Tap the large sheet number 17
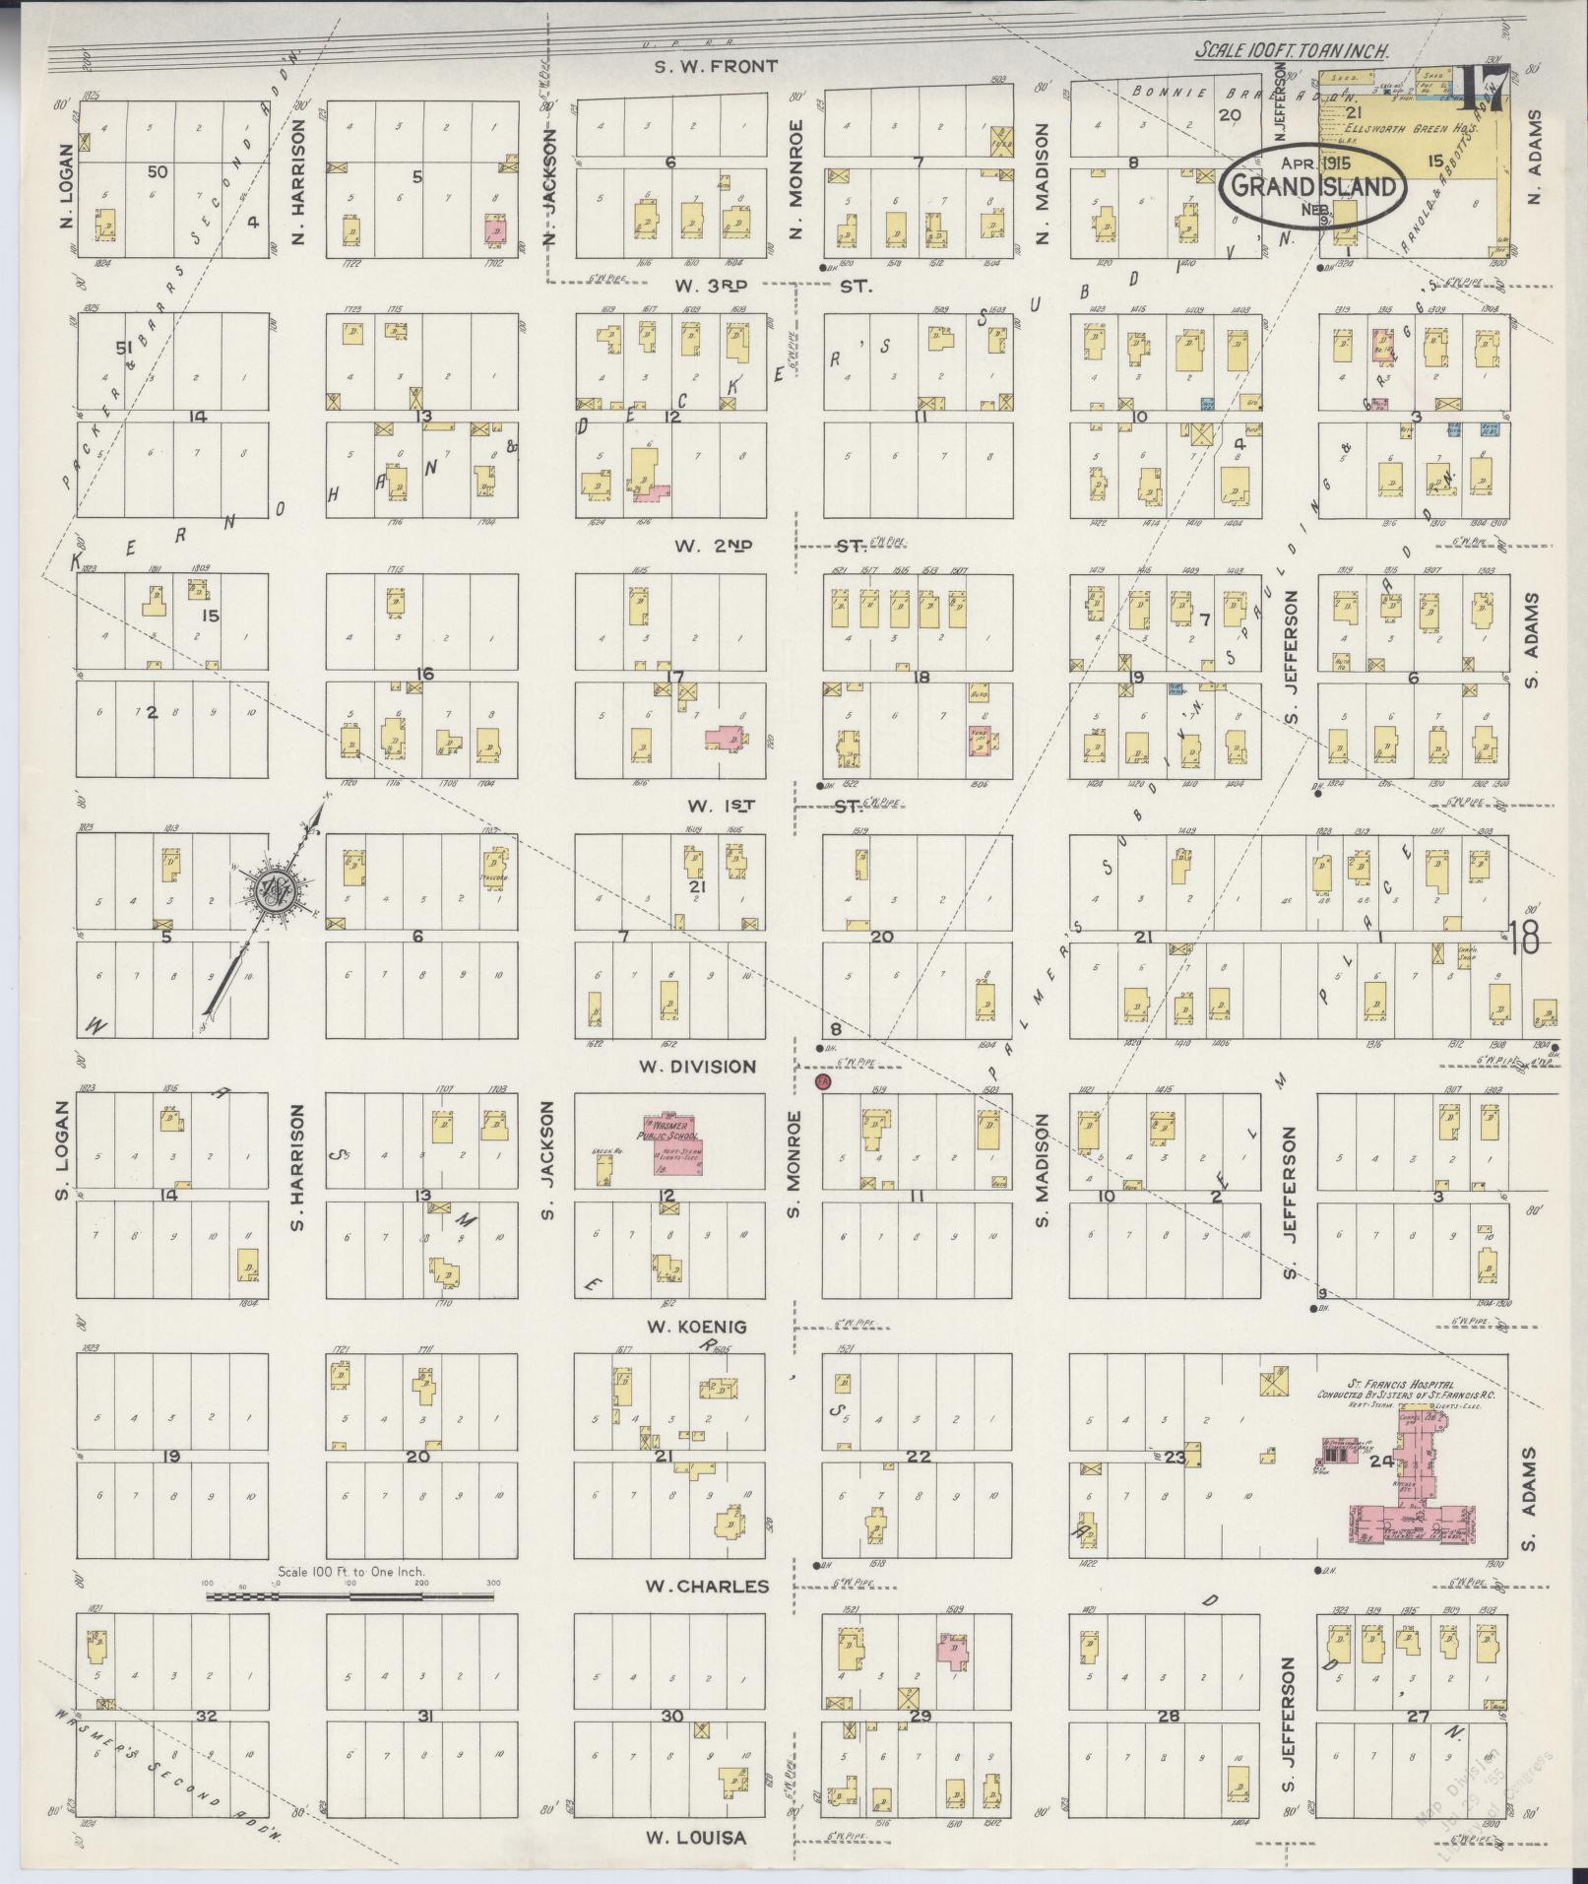(1483, 90)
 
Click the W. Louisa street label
(695, 1837)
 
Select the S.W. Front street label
(717, 67)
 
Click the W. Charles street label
(706, 1587)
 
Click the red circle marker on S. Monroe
(824, 1082)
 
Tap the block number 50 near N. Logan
(157, 171)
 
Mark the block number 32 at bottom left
(206, 1717)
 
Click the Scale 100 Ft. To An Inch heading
(1292, 51)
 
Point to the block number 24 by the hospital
(1380, 1462)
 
